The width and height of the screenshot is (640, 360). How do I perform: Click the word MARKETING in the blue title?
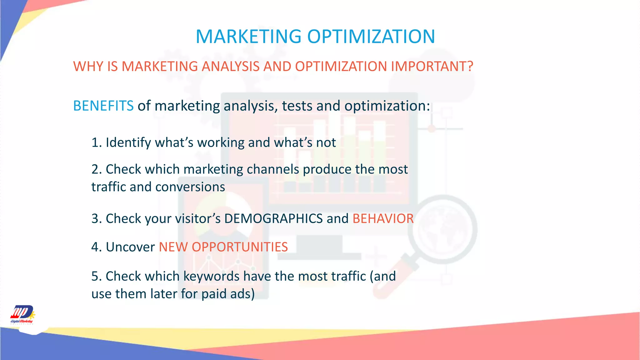248,37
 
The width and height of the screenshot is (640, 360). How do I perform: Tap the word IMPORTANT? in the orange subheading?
432,67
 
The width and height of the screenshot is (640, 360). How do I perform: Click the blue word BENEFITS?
103,106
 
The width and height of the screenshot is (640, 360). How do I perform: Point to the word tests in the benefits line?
297,106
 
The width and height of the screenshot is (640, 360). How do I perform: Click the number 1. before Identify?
97,142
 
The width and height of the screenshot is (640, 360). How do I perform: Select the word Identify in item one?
128,142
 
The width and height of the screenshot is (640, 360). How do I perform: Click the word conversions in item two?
190,187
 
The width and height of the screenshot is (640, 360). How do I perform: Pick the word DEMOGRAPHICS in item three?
273,218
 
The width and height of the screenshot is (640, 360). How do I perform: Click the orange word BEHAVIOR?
383,218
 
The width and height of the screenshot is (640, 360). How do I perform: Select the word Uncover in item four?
130,247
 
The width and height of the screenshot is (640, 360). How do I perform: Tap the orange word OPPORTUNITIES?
240,247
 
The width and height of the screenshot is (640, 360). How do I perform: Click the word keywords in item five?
211,277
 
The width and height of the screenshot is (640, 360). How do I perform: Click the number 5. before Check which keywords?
97,277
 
